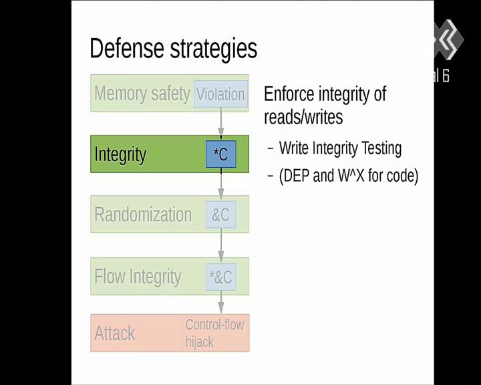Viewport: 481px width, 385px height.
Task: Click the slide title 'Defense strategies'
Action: pos(173,49)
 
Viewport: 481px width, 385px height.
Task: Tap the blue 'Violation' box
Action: pos(221,94)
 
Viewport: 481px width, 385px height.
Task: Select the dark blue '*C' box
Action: pos(221,154)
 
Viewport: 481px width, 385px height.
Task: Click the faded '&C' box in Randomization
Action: pos(221,215)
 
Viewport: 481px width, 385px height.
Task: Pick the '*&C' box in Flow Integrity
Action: pos(221,277)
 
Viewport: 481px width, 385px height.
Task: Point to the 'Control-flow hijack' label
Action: pos(214,333)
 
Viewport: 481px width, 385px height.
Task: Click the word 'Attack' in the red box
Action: pos(115,333)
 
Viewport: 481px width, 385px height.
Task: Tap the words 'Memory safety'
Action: pos(142,94)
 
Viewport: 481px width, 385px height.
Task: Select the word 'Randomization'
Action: pos(143,215)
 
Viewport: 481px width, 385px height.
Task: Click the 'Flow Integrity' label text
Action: pos(138,277)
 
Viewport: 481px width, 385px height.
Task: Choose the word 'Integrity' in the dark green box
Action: pos(120,154)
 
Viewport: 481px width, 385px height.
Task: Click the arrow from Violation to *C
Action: pos(221,123)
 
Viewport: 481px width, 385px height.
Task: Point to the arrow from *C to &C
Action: pos(221,184)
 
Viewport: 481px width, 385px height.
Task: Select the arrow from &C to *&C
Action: pos(221,245)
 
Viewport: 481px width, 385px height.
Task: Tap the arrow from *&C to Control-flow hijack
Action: pos(221,302)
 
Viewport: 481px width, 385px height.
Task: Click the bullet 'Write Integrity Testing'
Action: pos(340,148)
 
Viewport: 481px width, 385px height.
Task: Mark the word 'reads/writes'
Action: pos(303,117)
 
